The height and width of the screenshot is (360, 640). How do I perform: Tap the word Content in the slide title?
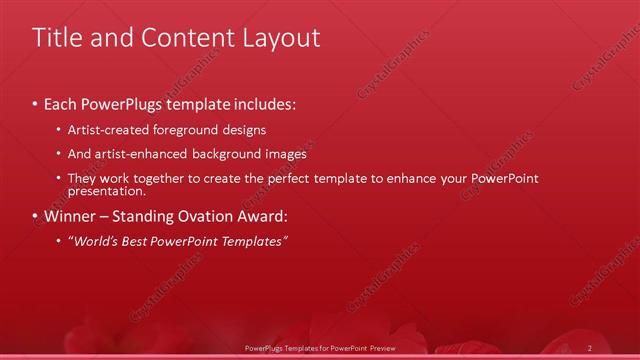[x=180, y=38]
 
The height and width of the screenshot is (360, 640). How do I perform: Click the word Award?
[x=263, y=216]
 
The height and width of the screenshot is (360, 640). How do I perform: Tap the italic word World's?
[x=94, y=241]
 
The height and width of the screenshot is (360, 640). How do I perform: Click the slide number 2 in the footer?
[x=590, y=347]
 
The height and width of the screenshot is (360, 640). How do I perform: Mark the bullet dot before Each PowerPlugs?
[x=35, y=104]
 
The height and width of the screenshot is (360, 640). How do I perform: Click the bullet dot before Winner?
[x=35, y=216]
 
